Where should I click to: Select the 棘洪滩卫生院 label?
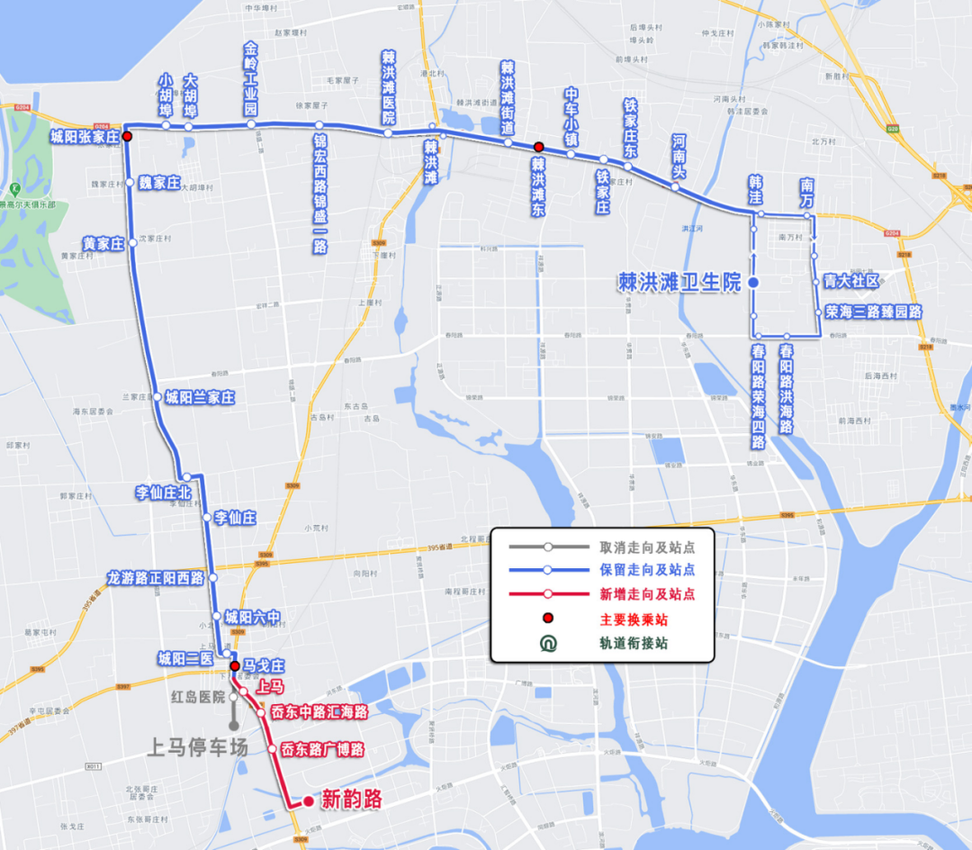click(679, 283)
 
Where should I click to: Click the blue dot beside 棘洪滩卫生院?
click(754, 283)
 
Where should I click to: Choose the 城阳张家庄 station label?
click(85, 137)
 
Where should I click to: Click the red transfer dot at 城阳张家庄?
click(127, 137)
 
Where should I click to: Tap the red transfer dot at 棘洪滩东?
click(538, 147)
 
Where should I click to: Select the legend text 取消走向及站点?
click(646, 547)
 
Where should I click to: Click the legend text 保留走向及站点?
click(646, 570)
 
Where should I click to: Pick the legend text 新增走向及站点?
click(646, 594)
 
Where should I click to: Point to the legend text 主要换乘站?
click(634, 619)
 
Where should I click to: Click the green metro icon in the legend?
click(547, 644)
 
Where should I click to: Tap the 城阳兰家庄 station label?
click(199, 397)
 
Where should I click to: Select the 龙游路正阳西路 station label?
click(156, 578)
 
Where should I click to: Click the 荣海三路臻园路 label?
click(873, 312)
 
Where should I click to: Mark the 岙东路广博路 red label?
click(321, 749)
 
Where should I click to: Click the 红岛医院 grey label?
click(198, 696)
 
